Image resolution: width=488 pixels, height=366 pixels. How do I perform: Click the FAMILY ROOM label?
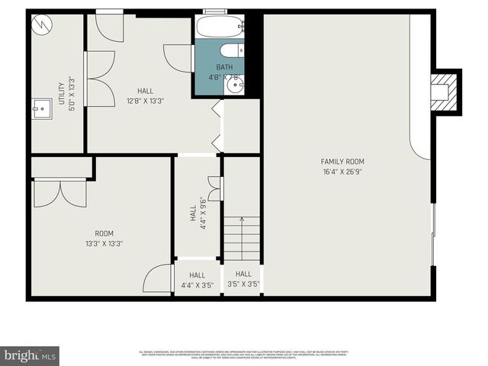coord(342,162)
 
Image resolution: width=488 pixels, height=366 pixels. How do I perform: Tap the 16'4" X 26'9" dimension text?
coord(342,172)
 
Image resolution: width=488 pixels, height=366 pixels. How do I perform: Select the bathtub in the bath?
coord(220,27)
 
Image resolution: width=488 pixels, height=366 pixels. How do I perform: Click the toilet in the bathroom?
coord(230,50)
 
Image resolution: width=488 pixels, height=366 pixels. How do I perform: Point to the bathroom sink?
coord(235,85)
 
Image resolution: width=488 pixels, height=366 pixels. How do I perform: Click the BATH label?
coord(224,67)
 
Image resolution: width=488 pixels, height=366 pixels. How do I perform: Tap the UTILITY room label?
coord(61,94)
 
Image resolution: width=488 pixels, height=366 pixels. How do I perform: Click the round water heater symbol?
coord(40,25)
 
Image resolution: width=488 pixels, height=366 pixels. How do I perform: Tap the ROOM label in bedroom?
coord(104,233)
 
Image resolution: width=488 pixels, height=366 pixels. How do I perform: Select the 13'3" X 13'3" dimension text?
coord(104,244)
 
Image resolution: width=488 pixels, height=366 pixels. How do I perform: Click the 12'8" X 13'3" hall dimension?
coord(145,101)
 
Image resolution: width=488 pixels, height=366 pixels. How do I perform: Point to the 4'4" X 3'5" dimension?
coord(197,285)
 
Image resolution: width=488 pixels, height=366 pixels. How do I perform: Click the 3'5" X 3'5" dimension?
coord(243,284)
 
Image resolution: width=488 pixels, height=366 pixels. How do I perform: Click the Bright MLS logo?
coord(30,355)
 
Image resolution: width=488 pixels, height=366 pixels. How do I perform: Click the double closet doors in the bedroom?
coord(60,193)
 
